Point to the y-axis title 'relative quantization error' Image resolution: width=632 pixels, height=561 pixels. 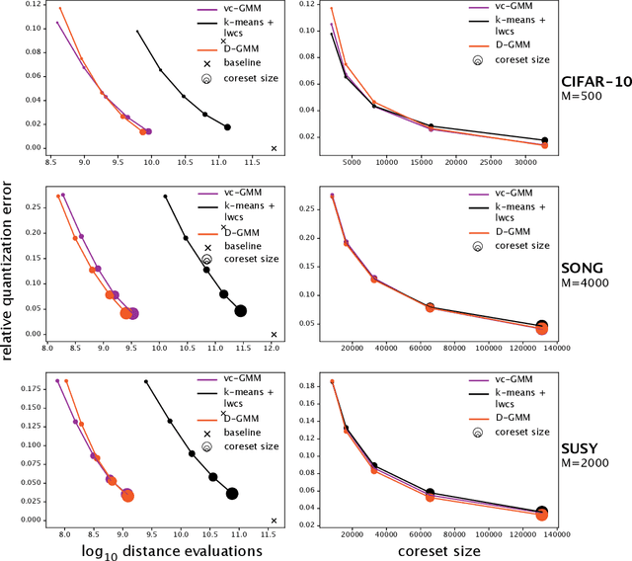coord(9,279)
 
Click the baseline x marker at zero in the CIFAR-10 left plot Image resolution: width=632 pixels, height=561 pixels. coord(275,148)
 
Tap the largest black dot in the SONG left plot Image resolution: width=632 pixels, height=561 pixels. coord(241,311)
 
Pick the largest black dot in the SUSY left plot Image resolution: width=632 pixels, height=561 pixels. coord(233,494)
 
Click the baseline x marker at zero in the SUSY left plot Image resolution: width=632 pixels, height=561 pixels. coord(274,520)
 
